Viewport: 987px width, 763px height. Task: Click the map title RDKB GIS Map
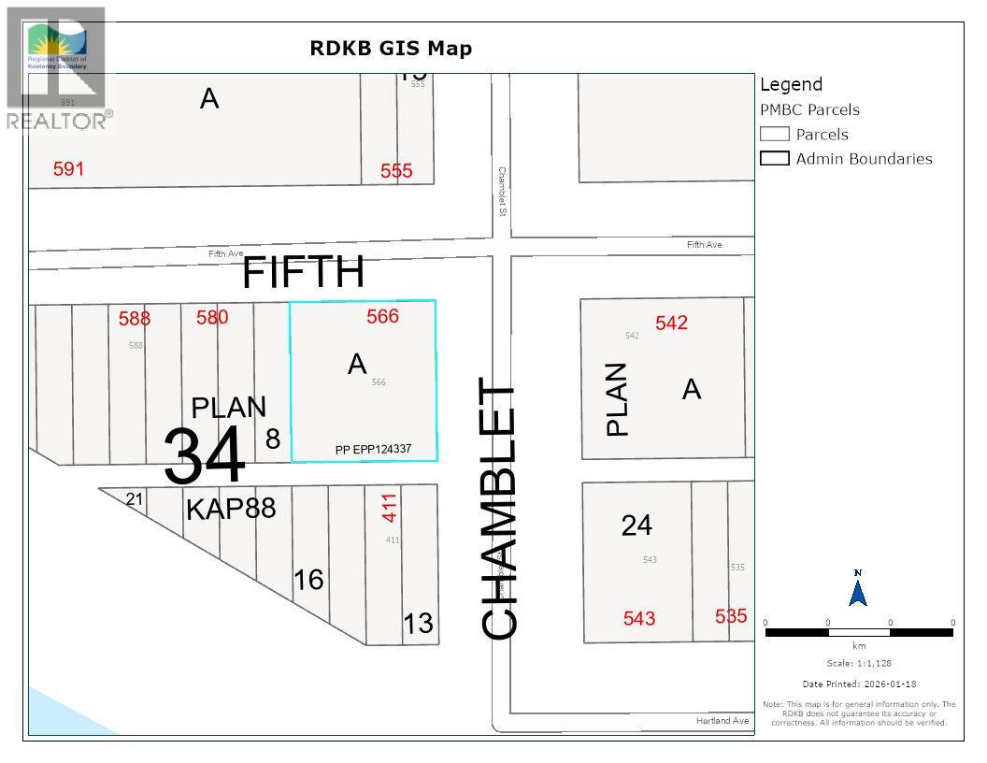[x=391, y=49]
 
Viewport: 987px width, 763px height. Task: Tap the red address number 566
[x=382, y=316]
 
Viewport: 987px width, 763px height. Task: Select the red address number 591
[x=68, y=169]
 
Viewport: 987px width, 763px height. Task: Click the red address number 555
[x=396, y=171]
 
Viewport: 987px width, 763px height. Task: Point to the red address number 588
[x=135, y=319]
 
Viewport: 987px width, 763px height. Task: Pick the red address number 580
[x=212, y=317]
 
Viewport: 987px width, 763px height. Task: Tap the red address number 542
[x=671, y=323]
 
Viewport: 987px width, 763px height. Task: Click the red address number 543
[x=639, y=618]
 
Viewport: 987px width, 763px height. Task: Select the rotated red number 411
[x=390, y=507]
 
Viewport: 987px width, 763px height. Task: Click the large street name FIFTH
[x=304, y=272]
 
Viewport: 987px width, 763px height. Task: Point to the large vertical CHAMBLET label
[x=500, y=510]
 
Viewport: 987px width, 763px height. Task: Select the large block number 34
[x=205, y=455]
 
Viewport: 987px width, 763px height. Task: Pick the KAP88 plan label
[x=231, y=510]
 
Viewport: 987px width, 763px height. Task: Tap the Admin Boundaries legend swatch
[x=775, y=159]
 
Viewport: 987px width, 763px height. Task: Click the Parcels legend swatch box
[x=775, y=135]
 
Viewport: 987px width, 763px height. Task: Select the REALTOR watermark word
[x=55, y=121]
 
